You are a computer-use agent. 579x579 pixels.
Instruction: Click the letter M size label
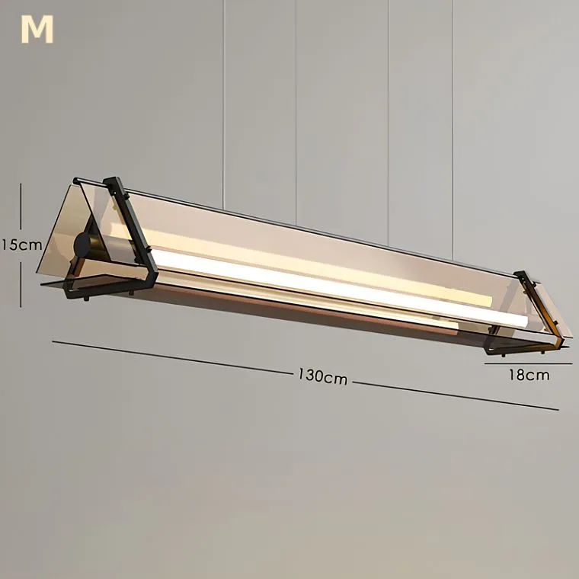point(37,30)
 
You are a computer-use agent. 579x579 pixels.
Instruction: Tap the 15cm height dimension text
point(21,245)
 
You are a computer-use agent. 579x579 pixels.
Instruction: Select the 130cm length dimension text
point(323,376)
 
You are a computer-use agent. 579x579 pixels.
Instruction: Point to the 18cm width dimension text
point(529,375)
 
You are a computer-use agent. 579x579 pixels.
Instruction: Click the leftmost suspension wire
point(223,104)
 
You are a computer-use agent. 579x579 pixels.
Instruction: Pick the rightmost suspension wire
point(453,130)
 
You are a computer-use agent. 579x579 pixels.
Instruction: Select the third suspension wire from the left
point(389,123)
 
